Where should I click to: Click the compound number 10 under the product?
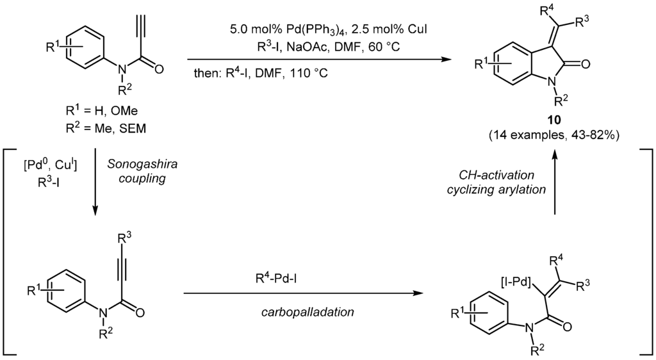pyautogui.click(x=553, y=120)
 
